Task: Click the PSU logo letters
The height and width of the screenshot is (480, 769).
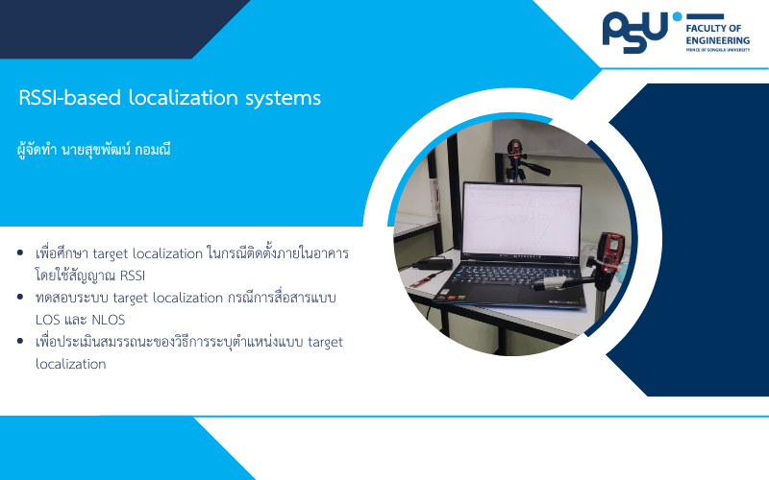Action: (634, 33)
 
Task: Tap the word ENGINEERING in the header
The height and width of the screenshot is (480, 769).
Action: (717, 40)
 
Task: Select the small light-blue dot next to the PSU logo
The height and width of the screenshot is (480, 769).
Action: (678, 16)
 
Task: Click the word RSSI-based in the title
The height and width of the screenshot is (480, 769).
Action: (69, 98)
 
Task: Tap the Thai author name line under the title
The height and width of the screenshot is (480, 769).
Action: (93, 150)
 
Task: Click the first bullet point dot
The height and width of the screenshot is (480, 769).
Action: (20, 252)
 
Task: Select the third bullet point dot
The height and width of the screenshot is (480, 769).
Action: (20, 341)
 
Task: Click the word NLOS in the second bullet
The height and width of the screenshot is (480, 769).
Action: (109, 320)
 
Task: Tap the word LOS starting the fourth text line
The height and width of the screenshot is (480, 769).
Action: (46, 320)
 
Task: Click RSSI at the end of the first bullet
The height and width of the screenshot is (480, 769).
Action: (133, 276)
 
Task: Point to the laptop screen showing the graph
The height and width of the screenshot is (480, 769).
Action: (522, 221)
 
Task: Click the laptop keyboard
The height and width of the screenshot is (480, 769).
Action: (517, 276)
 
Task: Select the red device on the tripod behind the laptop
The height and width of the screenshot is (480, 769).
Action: (514, 149)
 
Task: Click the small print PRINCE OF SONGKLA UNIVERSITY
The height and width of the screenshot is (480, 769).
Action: (717, 50)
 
